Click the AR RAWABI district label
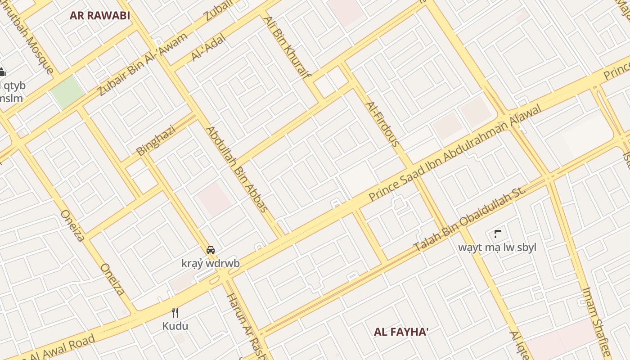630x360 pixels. [x=100, y=16]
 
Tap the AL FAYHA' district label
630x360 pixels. [x=401, y=332]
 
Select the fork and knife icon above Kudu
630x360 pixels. [x=175, y=312]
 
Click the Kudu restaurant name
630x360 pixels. [x=175, y=326]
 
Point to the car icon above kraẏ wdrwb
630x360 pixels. [x=210, y=250]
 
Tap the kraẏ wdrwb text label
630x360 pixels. [x=210, y=263]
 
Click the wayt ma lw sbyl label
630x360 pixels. [x=497, y=247]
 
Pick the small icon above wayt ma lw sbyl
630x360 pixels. [x=498, y=234]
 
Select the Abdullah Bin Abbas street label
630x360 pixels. [x=237, y=169]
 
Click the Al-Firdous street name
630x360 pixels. [x=382, y=124]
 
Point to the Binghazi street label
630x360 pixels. [x=156, y=140]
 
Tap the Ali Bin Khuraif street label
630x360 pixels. [x=287, y=47]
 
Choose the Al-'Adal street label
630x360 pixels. [x=208, y=47]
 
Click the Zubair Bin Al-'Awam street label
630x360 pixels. [x=142, y=64]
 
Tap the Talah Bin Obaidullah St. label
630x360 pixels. [x=469, y=219]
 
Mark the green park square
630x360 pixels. [x=67, y=91]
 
